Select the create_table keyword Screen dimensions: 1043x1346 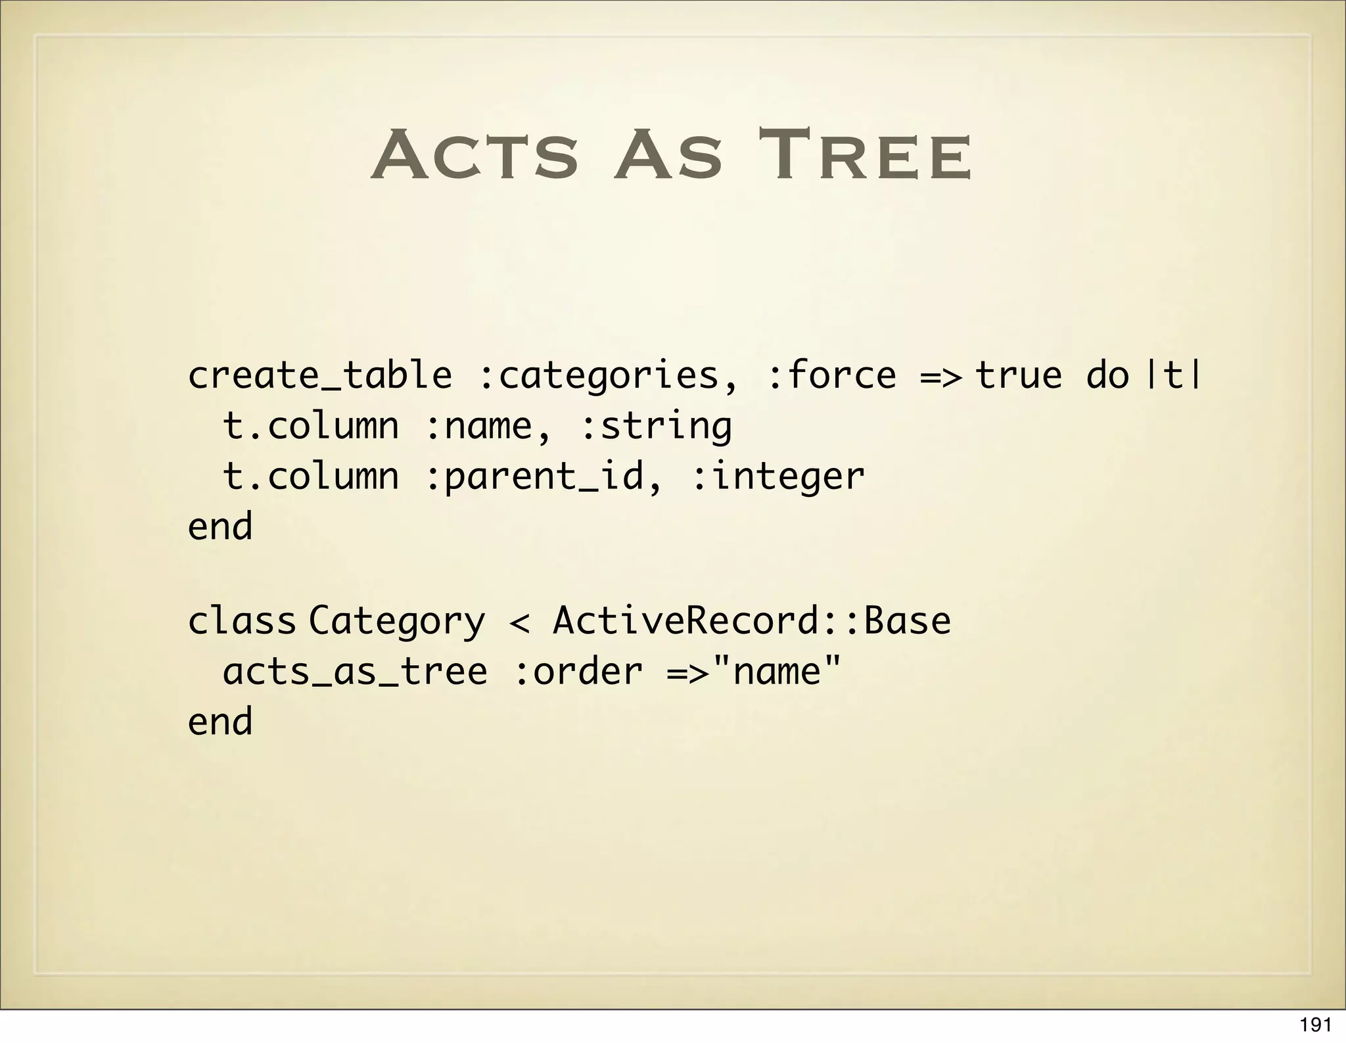click(320, 376)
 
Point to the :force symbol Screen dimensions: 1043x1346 click(831, 376)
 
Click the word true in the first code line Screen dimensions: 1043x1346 click(1018, 376)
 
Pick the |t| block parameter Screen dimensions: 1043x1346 click(1174, 376)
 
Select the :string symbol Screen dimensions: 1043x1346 click(657, 426)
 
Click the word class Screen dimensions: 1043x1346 click(242, 620)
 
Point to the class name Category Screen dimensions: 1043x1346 click(397, 622)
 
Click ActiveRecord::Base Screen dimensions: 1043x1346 click(752, 620)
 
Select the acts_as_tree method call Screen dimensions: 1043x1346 click(355, 672)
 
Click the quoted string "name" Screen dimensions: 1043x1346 click(777, 670)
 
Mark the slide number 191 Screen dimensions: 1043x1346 click(1315, 1025)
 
